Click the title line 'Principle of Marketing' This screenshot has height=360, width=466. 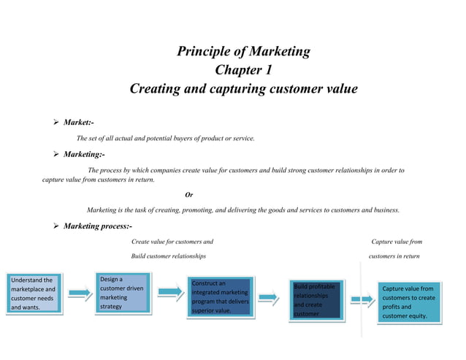coord(243,52)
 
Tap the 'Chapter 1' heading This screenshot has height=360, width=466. coord(243,71)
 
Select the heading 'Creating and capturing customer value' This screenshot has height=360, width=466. coord(243,89)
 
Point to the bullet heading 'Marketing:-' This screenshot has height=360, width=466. coord(84,155)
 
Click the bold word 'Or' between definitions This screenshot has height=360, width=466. coord(189,194)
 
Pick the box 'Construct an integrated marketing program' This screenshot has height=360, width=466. coord(219,296)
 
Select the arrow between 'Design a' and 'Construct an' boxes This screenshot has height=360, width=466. coord(169,292)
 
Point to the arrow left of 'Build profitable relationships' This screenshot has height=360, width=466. coord(268,296)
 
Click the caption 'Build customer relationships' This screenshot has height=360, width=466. coord(168,256)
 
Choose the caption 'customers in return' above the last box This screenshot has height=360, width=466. coord(394,256)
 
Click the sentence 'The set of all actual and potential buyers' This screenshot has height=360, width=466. coord(165,138)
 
